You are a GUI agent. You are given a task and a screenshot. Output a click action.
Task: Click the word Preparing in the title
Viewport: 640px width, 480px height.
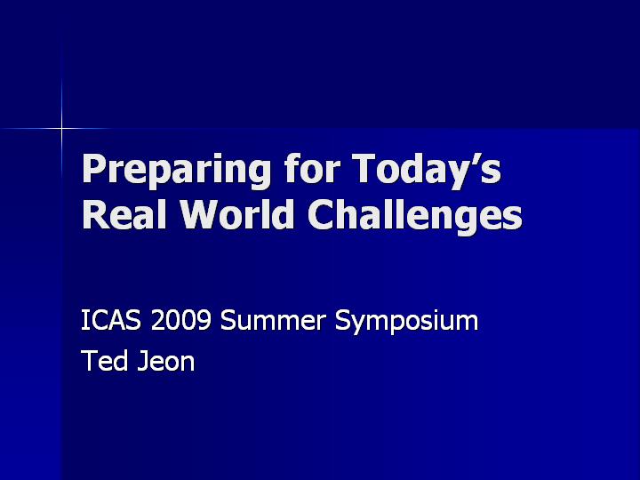tap(176, 170)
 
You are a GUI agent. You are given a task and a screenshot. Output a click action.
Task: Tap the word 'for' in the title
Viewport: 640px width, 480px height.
tap(312, 167)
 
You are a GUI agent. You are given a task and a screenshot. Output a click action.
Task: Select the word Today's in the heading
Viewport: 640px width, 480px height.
tap(427, 170)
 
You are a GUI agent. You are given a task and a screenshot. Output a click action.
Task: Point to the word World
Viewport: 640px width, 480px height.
tap(237, 213)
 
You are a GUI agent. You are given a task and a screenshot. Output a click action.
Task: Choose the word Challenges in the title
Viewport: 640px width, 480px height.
tap(415, 216)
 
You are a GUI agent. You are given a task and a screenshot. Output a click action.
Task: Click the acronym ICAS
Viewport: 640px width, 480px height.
tap(111, 320)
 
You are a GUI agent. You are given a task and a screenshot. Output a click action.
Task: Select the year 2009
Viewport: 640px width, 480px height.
tap(180, 320)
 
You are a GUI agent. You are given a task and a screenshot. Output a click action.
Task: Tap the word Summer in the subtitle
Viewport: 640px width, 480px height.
tap(273, 320)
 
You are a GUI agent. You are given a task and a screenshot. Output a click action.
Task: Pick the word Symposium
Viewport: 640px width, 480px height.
tap(406, 322)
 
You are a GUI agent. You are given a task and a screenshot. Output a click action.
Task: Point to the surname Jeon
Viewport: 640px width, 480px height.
tap(166, 360)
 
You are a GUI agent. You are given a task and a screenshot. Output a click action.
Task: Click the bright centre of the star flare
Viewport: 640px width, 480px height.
tap(61, 129)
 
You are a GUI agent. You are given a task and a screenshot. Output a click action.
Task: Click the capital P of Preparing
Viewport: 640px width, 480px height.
tap(94, 168)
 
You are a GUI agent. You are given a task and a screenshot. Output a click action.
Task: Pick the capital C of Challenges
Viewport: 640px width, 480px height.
tap(321, 214)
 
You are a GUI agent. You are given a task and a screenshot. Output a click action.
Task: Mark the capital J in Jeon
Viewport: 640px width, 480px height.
tap(142, 360)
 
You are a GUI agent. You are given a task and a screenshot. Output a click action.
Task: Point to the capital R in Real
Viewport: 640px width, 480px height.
tap(95, 214)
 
